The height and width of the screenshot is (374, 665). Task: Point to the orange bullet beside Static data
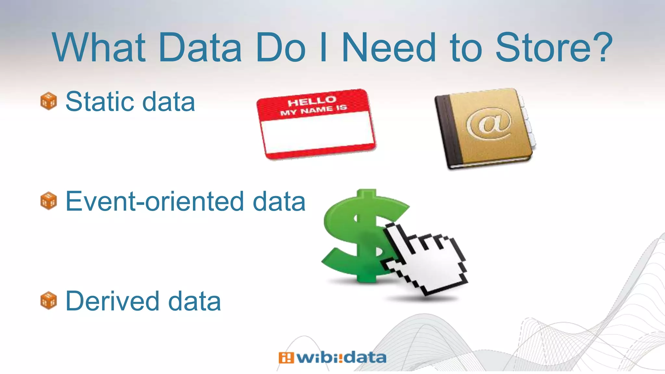49,101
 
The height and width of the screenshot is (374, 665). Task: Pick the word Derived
112,301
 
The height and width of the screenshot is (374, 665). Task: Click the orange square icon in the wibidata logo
286,358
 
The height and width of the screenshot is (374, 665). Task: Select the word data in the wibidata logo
365,358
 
